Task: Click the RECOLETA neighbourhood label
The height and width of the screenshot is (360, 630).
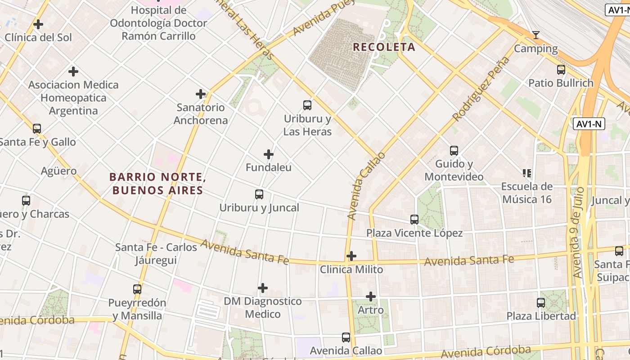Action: point(384,47)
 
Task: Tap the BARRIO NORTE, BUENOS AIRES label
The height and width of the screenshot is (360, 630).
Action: point(157,184)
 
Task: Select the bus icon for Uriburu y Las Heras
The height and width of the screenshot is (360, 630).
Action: point(307,105)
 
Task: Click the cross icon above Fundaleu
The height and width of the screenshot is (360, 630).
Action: point(269,154)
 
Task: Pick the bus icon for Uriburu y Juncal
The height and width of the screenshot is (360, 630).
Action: point(259,194)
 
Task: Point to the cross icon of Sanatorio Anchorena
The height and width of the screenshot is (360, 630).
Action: point(201,94)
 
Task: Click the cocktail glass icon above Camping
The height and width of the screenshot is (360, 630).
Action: point(535,35)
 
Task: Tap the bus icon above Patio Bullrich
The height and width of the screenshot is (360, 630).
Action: point(561,70)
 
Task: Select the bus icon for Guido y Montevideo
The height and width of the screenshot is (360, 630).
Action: point(454,150)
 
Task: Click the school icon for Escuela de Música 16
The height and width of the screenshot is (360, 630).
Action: point(527,173)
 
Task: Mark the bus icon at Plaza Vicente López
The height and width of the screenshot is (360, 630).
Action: point(414,220)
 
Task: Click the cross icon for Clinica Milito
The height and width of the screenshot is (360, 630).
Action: point(351,256)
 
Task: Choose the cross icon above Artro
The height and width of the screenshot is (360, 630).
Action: point(371,297)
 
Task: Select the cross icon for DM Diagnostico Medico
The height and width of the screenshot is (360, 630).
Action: point(263,288)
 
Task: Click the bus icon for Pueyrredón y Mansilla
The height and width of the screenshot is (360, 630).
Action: point(137,289)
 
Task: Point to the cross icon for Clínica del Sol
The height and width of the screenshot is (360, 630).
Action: point(38,24)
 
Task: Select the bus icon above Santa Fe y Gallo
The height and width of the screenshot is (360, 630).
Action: point(37,129)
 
